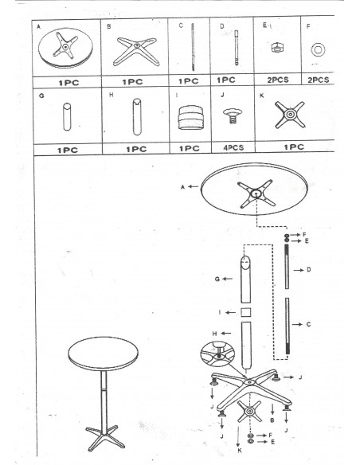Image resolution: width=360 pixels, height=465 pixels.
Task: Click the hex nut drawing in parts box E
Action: pyautogui.click(x=276, y=48)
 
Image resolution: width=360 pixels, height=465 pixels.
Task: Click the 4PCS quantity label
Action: pyautogui.click(x=233, y=147)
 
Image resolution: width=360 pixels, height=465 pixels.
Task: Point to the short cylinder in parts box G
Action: pyautogui.click(x=67, y=117)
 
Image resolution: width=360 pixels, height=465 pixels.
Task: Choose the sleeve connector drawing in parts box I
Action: pyautogui.click(x=190, y=117)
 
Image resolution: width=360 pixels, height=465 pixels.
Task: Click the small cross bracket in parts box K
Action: pyautogui.click(x=290, y=115)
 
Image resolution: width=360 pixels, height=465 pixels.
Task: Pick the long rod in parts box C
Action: pyautogui.click(x=193, y=47)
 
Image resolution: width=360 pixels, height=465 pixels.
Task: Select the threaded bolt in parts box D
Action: pyautogui.click(x=237, y=48)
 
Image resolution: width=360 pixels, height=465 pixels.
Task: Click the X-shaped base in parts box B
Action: pyautogui.click(x=136, y=51)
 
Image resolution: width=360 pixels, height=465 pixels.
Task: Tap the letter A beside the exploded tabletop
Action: pyautogui.click(x=182, y=187)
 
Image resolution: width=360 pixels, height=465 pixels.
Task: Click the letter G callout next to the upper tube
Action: pyautogui.click(x=217, y=279)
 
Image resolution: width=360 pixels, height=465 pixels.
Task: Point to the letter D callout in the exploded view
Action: pyautogui.click(x=309, y=270)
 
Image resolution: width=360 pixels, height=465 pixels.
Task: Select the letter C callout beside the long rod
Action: pyautogui.click(x=308, y=324)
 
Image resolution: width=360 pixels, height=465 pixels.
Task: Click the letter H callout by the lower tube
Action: pyautogui.click(x=214, y=334)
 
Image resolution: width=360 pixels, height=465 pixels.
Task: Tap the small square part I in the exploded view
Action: pyautogui.click(x=245, y=313)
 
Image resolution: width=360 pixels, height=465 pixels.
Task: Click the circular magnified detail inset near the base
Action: pyautogui.click(x=217, y=354)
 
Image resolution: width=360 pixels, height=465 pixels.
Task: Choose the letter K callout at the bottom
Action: pyautogui.click(x=240, y=450)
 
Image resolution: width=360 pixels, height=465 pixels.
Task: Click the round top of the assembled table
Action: pyautogui.click(x=104, y=354)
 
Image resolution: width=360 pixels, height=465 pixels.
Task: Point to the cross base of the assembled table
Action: pyautogui.click(x=105, y=437)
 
